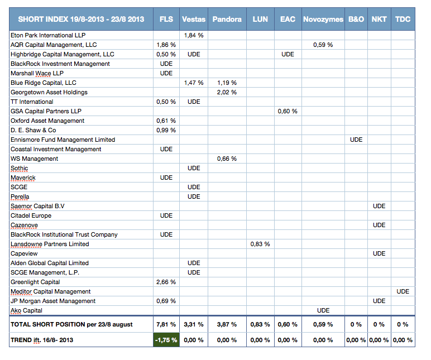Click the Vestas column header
[x=194, y=19]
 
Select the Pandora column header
[x=227, y=19]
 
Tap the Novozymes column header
[x=323, y=19]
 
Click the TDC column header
[x=403, y=19]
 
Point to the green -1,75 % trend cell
[x=166, y=340]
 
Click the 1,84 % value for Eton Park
[x=194, y=35]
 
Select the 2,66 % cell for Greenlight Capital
[x=166, y=282]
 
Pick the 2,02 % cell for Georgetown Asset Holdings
[x=227, y=92]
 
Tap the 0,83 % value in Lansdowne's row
[x=260, y=244]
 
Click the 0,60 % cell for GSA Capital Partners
[x=288, y=111]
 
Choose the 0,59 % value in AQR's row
[x=323, y=45]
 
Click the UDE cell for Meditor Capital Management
[x=403, y=291]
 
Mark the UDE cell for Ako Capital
[x=323, y=310]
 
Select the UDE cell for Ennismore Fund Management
[x=356, y=140]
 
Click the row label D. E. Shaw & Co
[x=33, y=130]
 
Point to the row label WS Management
[x=35, y=159]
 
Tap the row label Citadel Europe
[x=31, y=215]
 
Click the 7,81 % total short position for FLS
[x=166, y=324]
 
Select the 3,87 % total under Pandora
[x=227, y=324]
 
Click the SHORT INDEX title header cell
[x=81, y=19]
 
